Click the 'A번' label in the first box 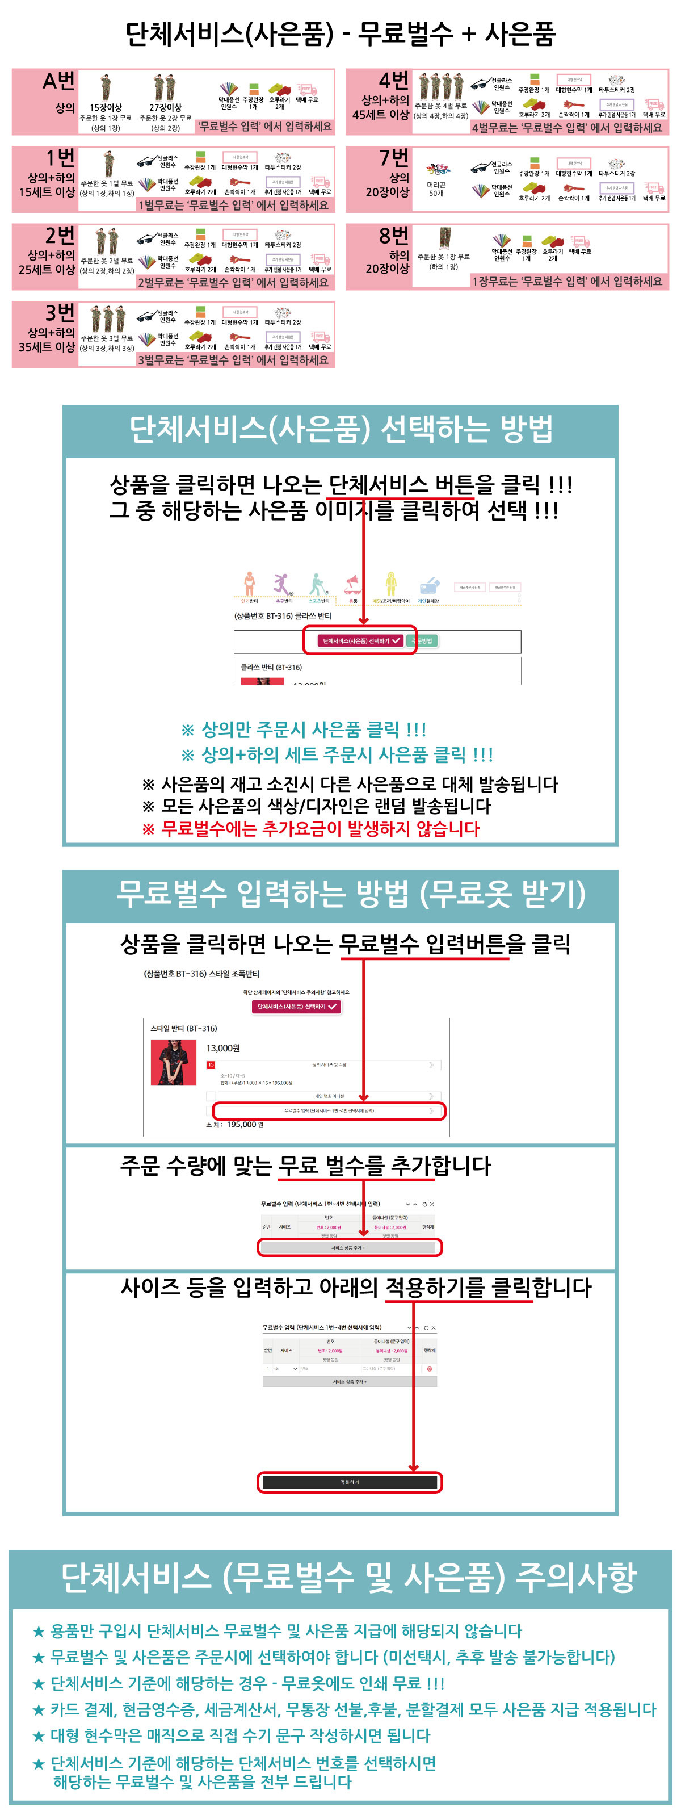pos(58,82)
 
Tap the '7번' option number pos(393,157)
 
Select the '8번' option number pos(393,235)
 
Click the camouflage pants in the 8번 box pos(444,238)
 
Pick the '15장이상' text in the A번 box pos(106,107)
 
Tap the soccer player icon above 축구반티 pos(283,584)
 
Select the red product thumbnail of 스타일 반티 pos(173,1062)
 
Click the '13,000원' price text pos(223,1047)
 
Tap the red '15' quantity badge pos(210,1064)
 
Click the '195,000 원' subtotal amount pos(245,1124)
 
